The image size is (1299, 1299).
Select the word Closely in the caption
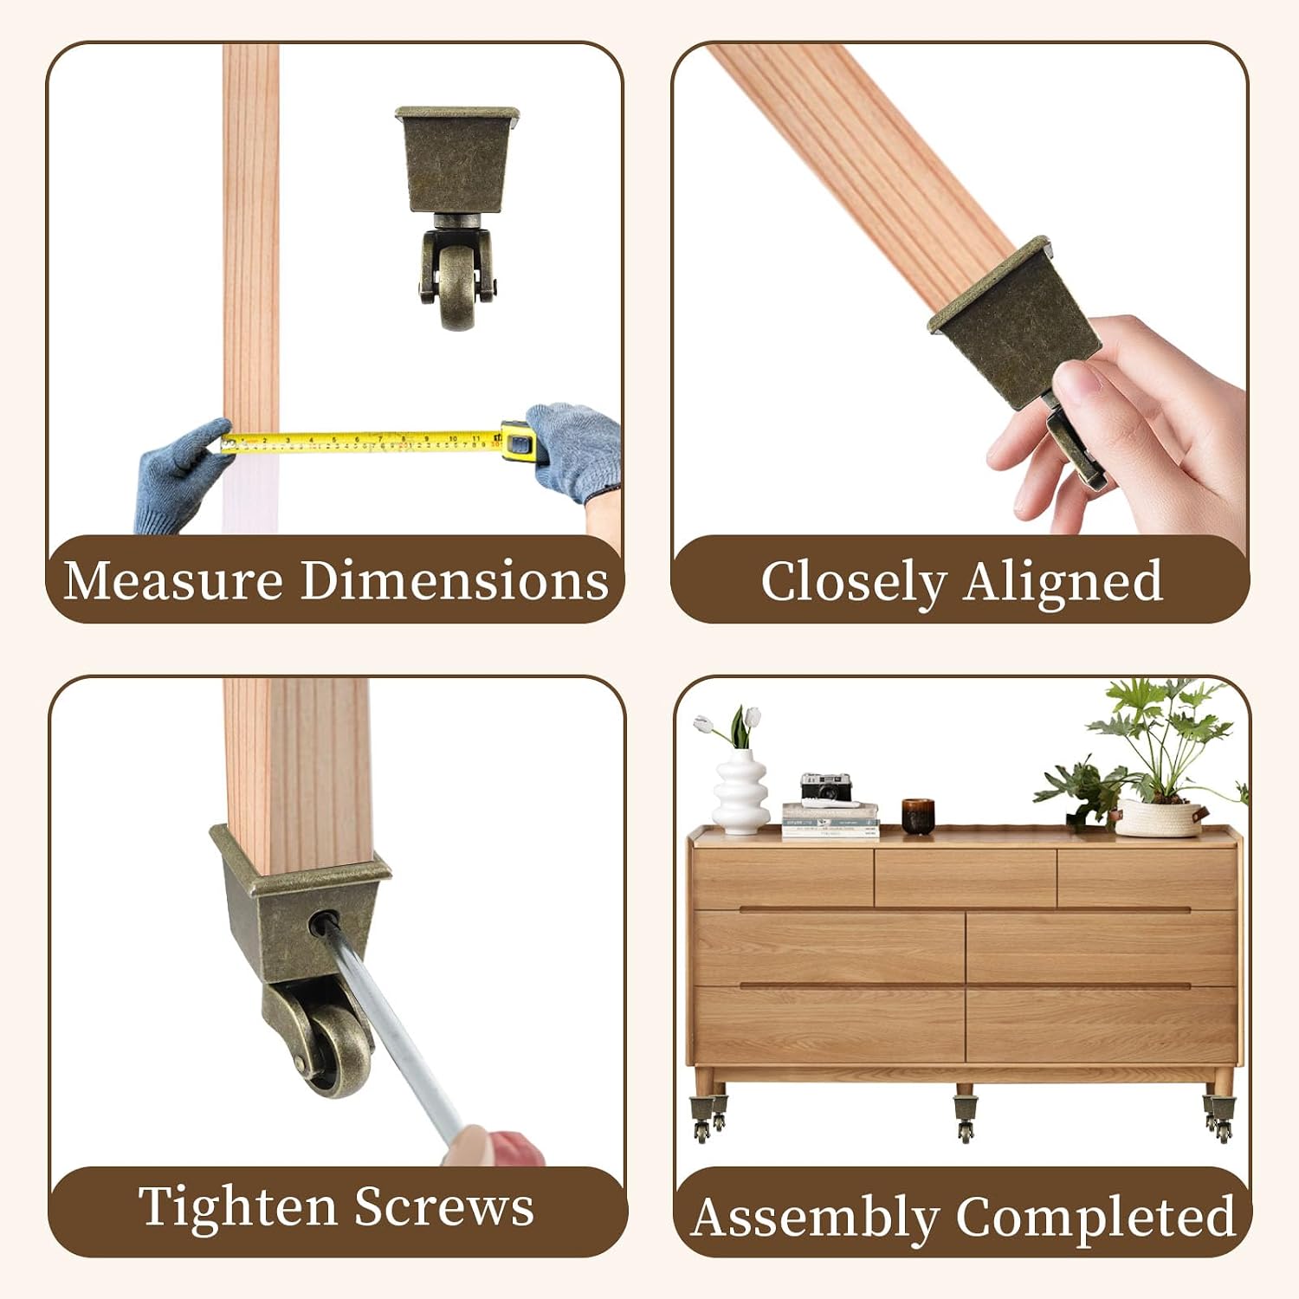pyautogui.click(x=854, y=583)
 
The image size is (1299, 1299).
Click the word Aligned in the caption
pyautogui.click(x=1063, y=583)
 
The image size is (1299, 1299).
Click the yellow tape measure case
pyautogui.click(x=518, y=441)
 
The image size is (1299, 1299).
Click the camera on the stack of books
pyautogui.click(x=826, y=788)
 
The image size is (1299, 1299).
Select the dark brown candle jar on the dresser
pyautogui.click(x=918, y=816)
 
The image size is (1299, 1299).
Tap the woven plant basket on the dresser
pyautogui.click(x=1159, y=818)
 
